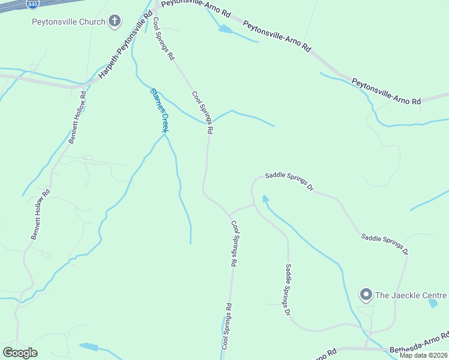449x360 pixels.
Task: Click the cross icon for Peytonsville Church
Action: (114, 22)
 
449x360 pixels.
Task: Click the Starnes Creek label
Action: (158, 109)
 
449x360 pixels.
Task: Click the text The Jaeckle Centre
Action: (411, 295)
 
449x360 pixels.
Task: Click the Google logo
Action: (20, 353)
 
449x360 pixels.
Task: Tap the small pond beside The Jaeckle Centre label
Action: (433, 303)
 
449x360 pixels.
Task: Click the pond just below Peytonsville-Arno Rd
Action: (224, 29)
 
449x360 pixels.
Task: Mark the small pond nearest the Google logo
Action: (88, 347)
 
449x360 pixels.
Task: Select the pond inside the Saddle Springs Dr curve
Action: (265, 199)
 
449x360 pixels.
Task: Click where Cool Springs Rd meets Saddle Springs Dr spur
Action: (230, 214)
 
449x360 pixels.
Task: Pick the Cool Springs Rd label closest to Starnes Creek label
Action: (203, 113)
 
